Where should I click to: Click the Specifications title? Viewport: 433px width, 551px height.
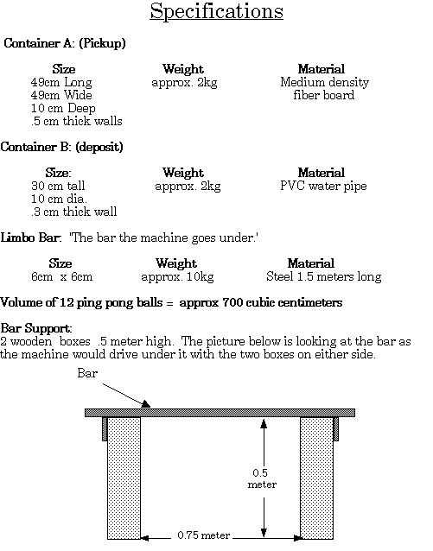pyautogui.click(x=216, y=12)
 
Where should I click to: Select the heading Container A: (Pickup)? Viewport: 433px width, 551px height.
pyautogui.click(x=65, y=43)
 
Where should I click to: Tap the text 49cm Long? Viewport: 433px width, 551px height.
pyautogui.click(x=61, y=82)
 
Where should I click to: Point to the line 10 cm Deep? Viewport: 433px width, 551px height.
pyautogui.click(x=63, y=108)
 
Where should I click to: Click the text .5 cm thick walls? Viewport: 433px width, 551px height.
pyautogui.click(x=77, y=121)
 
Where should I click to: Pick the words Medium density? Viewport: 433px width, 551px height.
pyautogui.click(x=325, y=82)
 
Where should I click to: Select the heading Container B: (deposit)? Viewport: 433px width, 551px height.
pyautogui.click(x=62, y=147)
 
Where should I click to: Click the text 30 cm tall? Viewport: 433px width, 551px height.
pyautogui.click(x=58, y=186)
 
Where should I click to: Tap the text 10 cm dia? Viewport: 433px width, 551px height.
pyautogui.click(x=59, y=199)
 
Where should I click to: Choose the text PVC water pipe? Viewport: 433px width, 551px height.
pyautogui.click(x=323, y=186)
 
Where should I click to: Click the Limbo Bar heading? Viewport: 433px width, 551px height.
pyautogui.click(x=31, y=237)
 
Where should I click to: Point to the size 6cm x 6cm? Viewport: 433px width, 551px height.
pyautogui.click(x=62, y=276)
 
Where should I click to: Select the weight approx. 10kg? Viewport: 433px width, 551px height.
pyautogui.click(x=178, y=277)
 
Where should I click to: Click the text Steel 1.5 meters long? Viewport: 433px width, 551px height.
pyautogui.click(x=324, y=276)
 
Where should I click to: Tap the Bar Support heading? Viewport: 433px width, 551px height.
pyautogui.click(x=36, y=328)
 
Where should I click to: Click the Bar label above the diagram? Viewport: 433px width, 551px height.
pyautogui.click(x=87, y=373)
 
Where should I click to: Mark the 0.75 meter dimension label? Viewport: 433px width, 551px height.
pyautogui.click(x=204, y=535)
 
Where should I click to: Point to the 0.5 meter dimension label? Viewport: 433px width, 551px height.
pyautogui.click(x=262, y=478)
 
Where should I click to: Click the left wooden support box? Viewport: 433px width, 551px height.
pyautogui.click(x=124, y=478)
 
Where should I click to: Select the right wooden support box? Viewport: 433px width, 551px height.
pyautogui.click(x=316, y=478)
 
